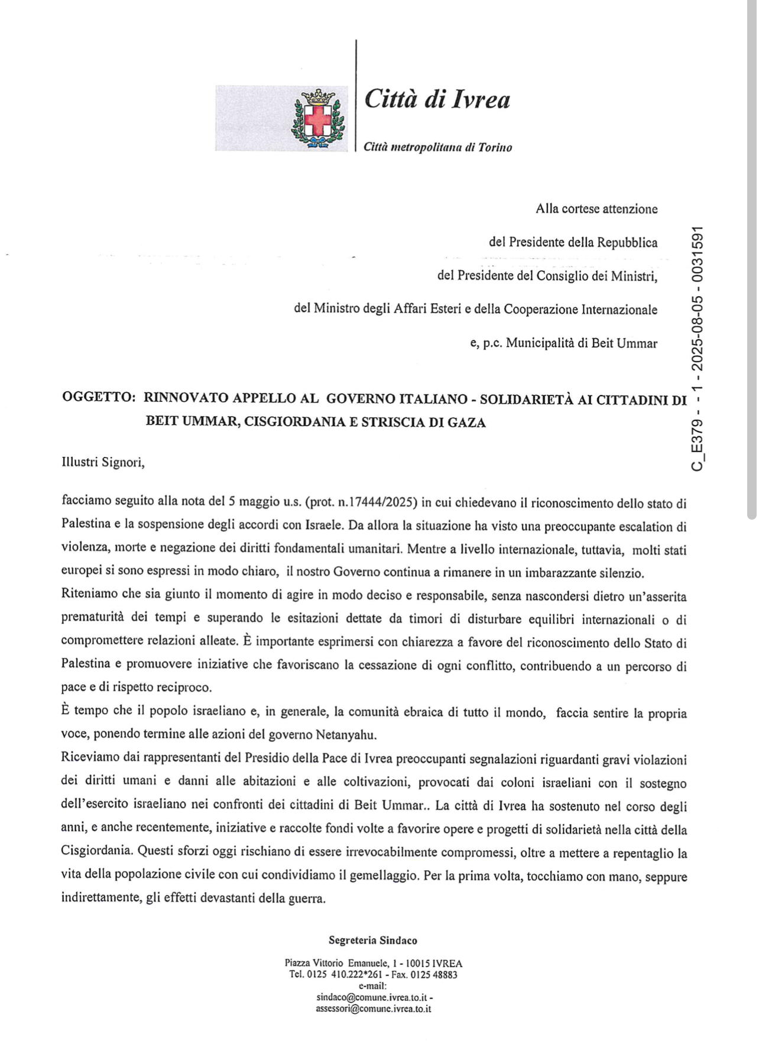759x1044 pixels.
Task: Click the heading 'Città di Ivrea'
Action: click(x=437, y=99)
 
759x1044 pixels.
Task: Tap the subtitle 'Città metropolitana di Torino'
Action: click(x=437, y=147)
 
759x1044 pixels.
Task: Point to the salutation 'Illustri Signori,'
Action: click(x=103, y=462)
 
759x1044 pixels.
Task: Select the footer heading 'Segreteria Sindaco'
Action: click(x=373, y=940)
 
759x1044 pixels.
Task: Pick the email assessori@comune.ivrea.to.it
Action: click(x=373, y=1009)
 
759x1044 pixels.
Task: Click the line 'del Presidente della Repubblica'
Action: click(x=573, y=242)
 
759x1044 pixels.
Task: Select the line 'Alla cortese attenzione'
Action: click(x=596, y=209)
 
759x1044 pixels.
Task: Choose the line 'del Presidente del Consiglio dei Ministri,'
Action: click(x=547, y=276)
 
